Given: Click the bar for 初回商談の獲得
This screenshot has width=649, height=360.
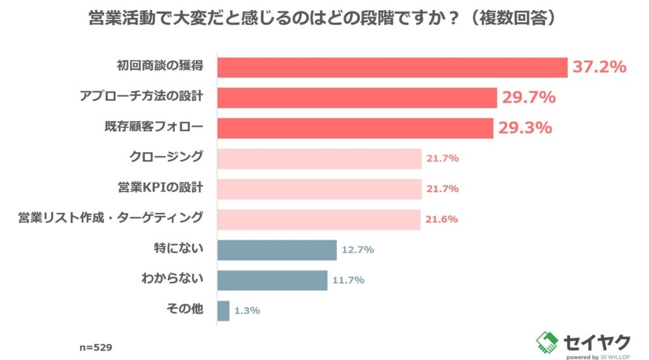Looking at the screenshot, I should tap(392, 67).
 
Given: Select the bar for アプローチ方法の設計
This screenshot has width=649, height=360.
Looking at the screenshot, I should tap(357, 98).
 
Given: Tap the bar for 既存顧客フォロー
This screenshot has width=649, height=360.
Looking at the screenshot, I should tap(356, 128).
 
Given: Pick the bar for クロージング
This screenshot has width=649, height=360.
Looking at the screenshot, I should tap(319, 158).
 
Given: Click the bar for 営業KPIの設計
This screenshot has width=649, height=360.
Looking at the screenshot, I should tap(319, 189).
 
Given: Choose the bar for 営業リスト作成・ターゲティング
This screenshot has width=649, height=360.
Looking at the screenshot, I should tap(319, 219).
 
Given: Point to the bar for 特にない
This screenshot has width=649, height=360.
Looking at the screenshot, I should tap(277, 250).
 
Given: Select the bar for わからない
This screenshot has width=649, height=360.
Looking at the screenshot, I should tap(273, 280).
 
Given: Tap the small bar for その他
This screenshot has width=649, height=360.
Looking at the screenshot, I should tap(223, 311).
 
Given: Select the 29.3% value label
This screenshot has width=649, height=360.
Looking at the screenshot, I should tap(525, 128).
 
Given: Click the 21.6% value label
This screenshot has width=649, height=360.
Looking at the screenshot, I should tap(442, 219).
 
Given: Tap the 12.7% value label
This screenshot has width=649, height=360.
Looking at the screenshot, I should tap(358, 250).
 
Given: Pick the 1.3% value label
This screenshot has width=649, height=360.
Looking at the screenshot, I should tap(247, 311).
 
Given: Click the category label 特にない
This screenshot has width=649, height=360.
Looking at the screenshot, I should tap(183, 249).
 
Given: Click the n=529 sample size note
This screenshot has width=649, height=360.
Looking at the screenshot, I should tap(95, 347).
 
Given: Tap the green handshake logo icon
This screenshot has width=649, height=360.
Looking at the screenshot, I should tap(547, 343).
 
